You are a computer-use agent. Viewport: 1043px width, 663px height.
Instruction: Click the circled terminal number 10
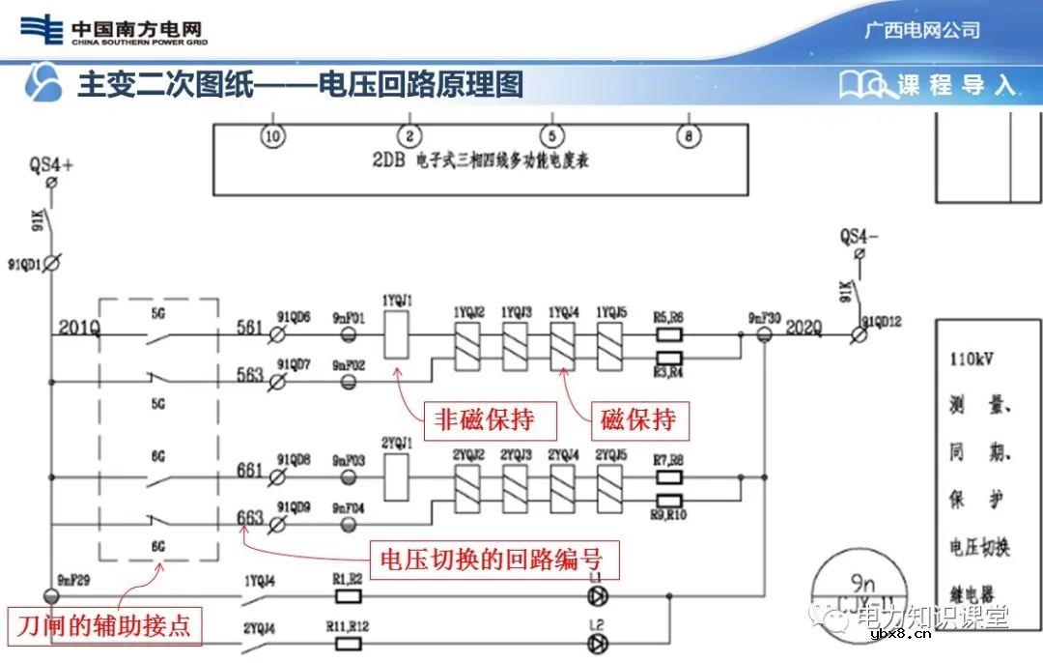tap(273, 136)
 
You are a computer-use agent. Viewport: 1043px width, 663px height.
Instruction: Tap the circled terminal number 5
tap(550, 136)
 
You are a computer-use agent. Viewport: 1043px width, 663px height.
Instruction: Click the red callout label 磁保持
tap(638, 420)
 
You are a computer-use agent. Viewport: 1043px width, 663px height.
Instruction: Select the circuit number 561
tap(249, 328)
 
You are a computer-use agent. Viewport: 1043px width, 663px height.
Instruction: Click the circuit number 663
tap(249, 518)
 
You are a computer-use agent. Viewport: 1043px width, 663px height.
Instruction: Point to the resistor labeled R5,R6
tap(669, 336)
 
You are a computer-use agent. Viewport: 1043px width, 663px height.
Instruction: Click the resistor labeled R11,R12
tap(347, 645)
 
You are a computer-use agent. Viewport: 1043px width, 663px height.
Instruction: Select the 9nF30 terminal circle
tap(764, 335)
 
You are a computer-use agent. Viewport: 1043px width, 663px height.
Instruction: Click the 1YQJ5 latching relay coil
tap(609, 341)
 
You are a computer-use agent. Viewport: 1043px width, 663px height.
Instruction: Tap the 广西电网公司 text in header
tap(921, 30)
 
